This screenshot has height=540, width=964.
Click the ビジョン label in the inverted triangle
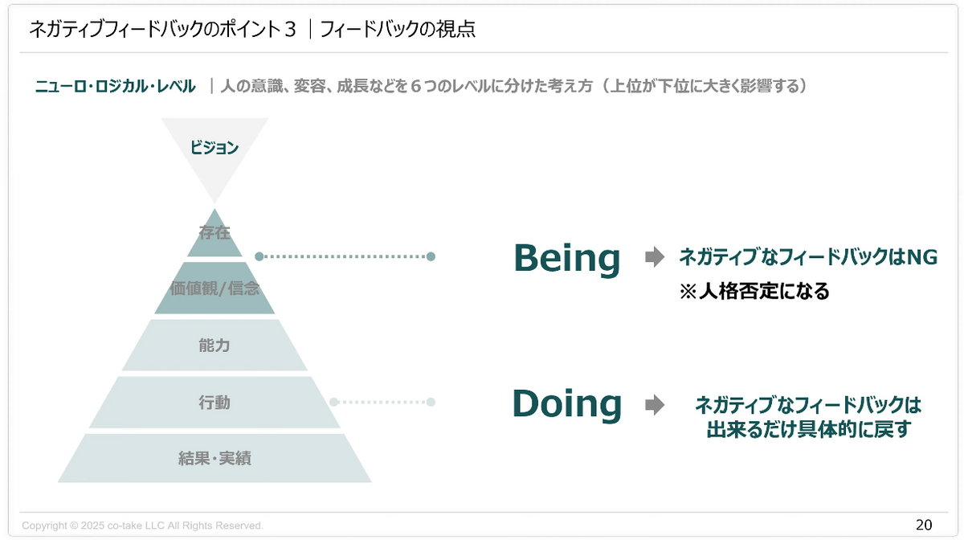click(x=214, y=148)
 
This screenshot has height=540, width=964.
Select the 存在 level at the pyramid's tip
click(x=214, y=233)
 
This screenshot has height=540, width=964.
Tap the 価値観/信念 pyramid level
click(x=214, y=288)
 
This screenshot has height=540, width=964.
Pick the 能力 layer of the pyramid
click(x=214, y=346)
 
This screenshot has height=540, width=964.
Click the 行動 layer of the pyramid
click(x=214, y=402)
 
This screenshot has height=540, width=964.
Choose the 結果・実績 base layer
click(x=214, y=459)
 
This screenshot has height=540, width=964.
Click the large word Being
click(x=567, y=258)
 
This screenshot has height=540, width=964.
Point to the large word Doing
click(x=567, y=403)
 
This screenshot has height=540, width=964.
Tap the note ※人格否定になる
click(x=754, y=291)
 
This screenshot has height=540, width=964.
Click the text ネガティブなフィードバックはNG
click(x=808, y=257)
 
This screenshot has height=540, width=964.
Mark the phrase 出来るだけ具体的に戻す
click(x=807, y=430)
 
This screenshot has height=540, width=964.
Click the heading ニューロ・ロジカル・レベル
click(x=115, y=86)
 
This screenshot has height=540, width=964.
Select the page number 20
click(x=924, y=525)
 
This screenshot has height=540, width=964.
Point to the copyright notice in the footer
click(x=142, y=526)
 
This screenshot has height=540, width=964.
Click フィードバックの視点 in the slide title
click(x=398, y=30)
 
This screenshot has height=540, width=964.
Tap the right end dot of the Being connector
click(x=431, y=256)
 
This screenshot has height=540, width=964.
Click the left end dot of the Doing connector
click(x=334, y=402)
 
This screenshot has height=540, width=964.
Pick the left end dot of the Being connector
click(x=259, y=256)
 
